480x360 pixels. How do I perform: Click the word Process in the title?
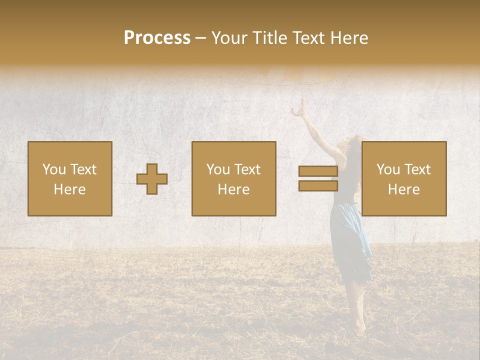coord(157,38)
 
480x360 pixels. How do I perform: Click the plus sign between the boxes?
coord(152,178)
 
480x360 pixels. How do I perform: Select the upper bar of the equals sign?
coord(318,171)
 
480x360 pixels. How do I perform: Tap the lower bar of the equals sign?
coord(318,185)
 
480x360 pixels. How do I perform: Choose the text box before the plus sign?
coord(70,178)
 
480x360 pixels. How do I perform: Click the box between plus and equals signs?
coord(234,178)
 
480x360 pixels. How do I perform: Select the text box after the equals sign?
coord(404,178)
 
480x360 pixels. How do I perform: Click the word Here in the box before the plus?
coord(70,189)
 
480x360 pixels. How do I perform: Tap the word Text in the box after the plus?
coord(247,169)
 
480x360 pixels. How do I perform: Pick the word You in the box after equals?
coord(388,169)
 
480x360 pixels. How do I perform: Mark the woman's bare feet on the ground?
coord(359,327)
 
